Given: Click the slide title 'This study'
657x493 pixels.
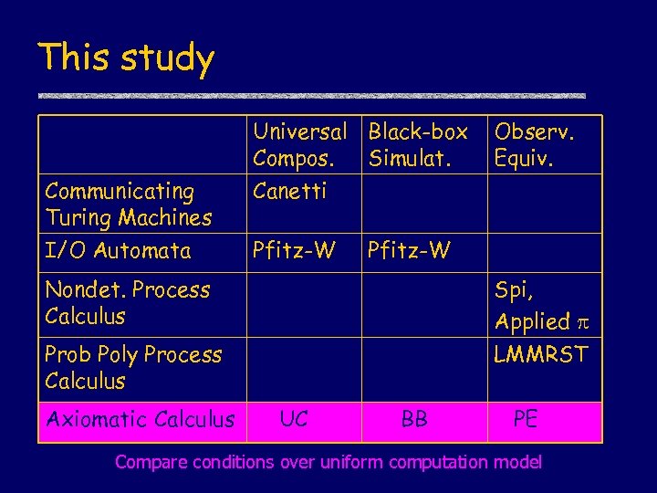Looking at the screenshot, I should [126, 58].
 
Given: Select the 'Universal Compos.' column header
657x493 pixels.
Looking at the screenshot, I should [300, 145].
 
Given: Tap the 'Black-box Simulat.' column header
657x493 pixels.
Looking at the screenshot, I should [418, 145].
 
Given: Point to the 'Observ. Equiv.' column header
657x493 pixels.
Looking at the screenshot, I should [535, 145].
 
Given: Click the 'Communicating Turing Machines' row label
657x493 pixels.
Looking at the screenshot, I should [128, 205].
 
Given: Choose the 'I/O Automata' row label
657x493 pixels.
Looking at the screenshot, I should [118, 251].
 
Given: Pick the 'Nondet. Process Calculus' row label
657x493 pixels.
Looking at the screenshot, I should [127, 303].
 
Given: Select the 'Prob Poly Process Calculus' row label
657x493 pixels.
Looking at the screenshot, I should [133, 367].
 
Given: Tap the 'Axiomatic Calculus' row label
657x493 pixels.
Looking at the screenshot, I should [140, 420].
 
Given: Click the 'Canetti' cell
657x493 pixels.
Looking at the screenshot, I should [288, 192].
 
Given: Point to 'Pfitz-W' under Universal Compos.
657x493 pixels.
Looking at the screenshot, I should [294, 250].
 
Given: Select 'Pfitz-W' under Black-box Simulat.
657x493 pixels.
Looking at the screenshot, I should [409, 250].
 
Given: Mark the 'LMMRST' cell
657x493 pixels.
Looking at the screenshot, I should [541, 353].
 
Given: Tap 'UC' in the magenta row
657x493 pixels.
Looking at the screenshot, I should [294, 419].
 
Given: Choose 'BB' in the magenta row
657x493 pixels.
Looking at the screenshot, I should [414, 420].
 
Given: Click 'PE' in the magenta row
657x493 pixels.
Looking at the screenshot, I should [526, 419].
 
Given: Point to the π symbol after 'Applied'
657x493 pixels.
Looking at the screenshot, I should [581, 321].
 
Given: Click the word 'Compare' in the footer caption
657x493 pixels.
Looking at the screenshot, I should [147, 462].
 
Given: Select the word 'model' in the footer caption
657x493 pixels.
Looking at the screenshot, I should [516, 462].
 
